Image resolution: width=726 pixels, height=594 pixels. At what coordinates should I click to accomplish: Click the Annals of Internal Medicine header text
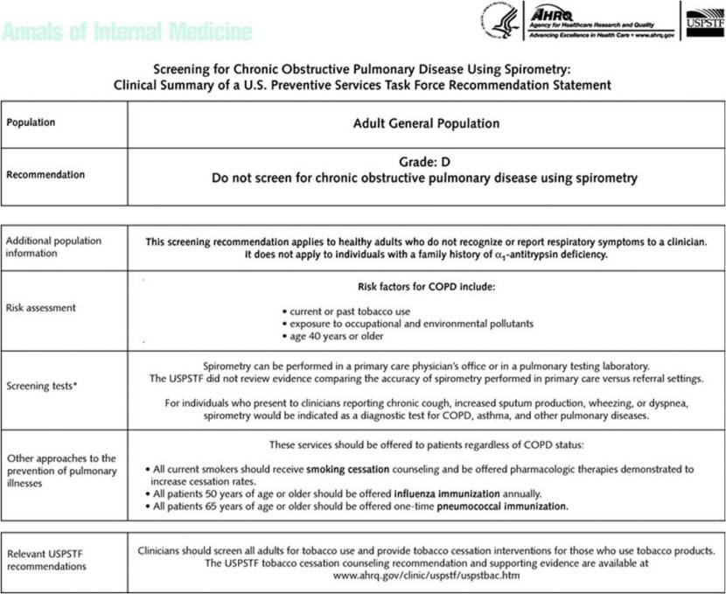(x=128, y=32)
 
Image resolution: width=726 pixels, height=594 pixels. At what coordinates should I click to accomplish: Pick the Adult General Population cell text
(x=426, y=123)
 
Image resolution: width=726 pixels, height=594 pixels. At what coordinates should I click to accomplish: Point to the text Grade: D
(x=425, y=162)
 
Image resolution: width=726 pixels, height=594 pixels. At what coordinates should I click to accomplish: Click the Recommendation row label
(x=45, y=174)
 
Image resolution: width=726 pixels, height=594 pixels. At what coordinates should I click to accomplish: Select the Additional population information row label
(x=53, y=247)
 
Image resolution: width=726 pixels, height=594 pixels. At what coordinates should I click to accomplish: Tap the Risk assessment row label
(x=41, y=308)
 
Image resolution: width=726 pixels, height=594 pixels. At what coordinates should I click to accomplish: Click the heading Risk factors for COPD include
(x=426, y=287)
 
